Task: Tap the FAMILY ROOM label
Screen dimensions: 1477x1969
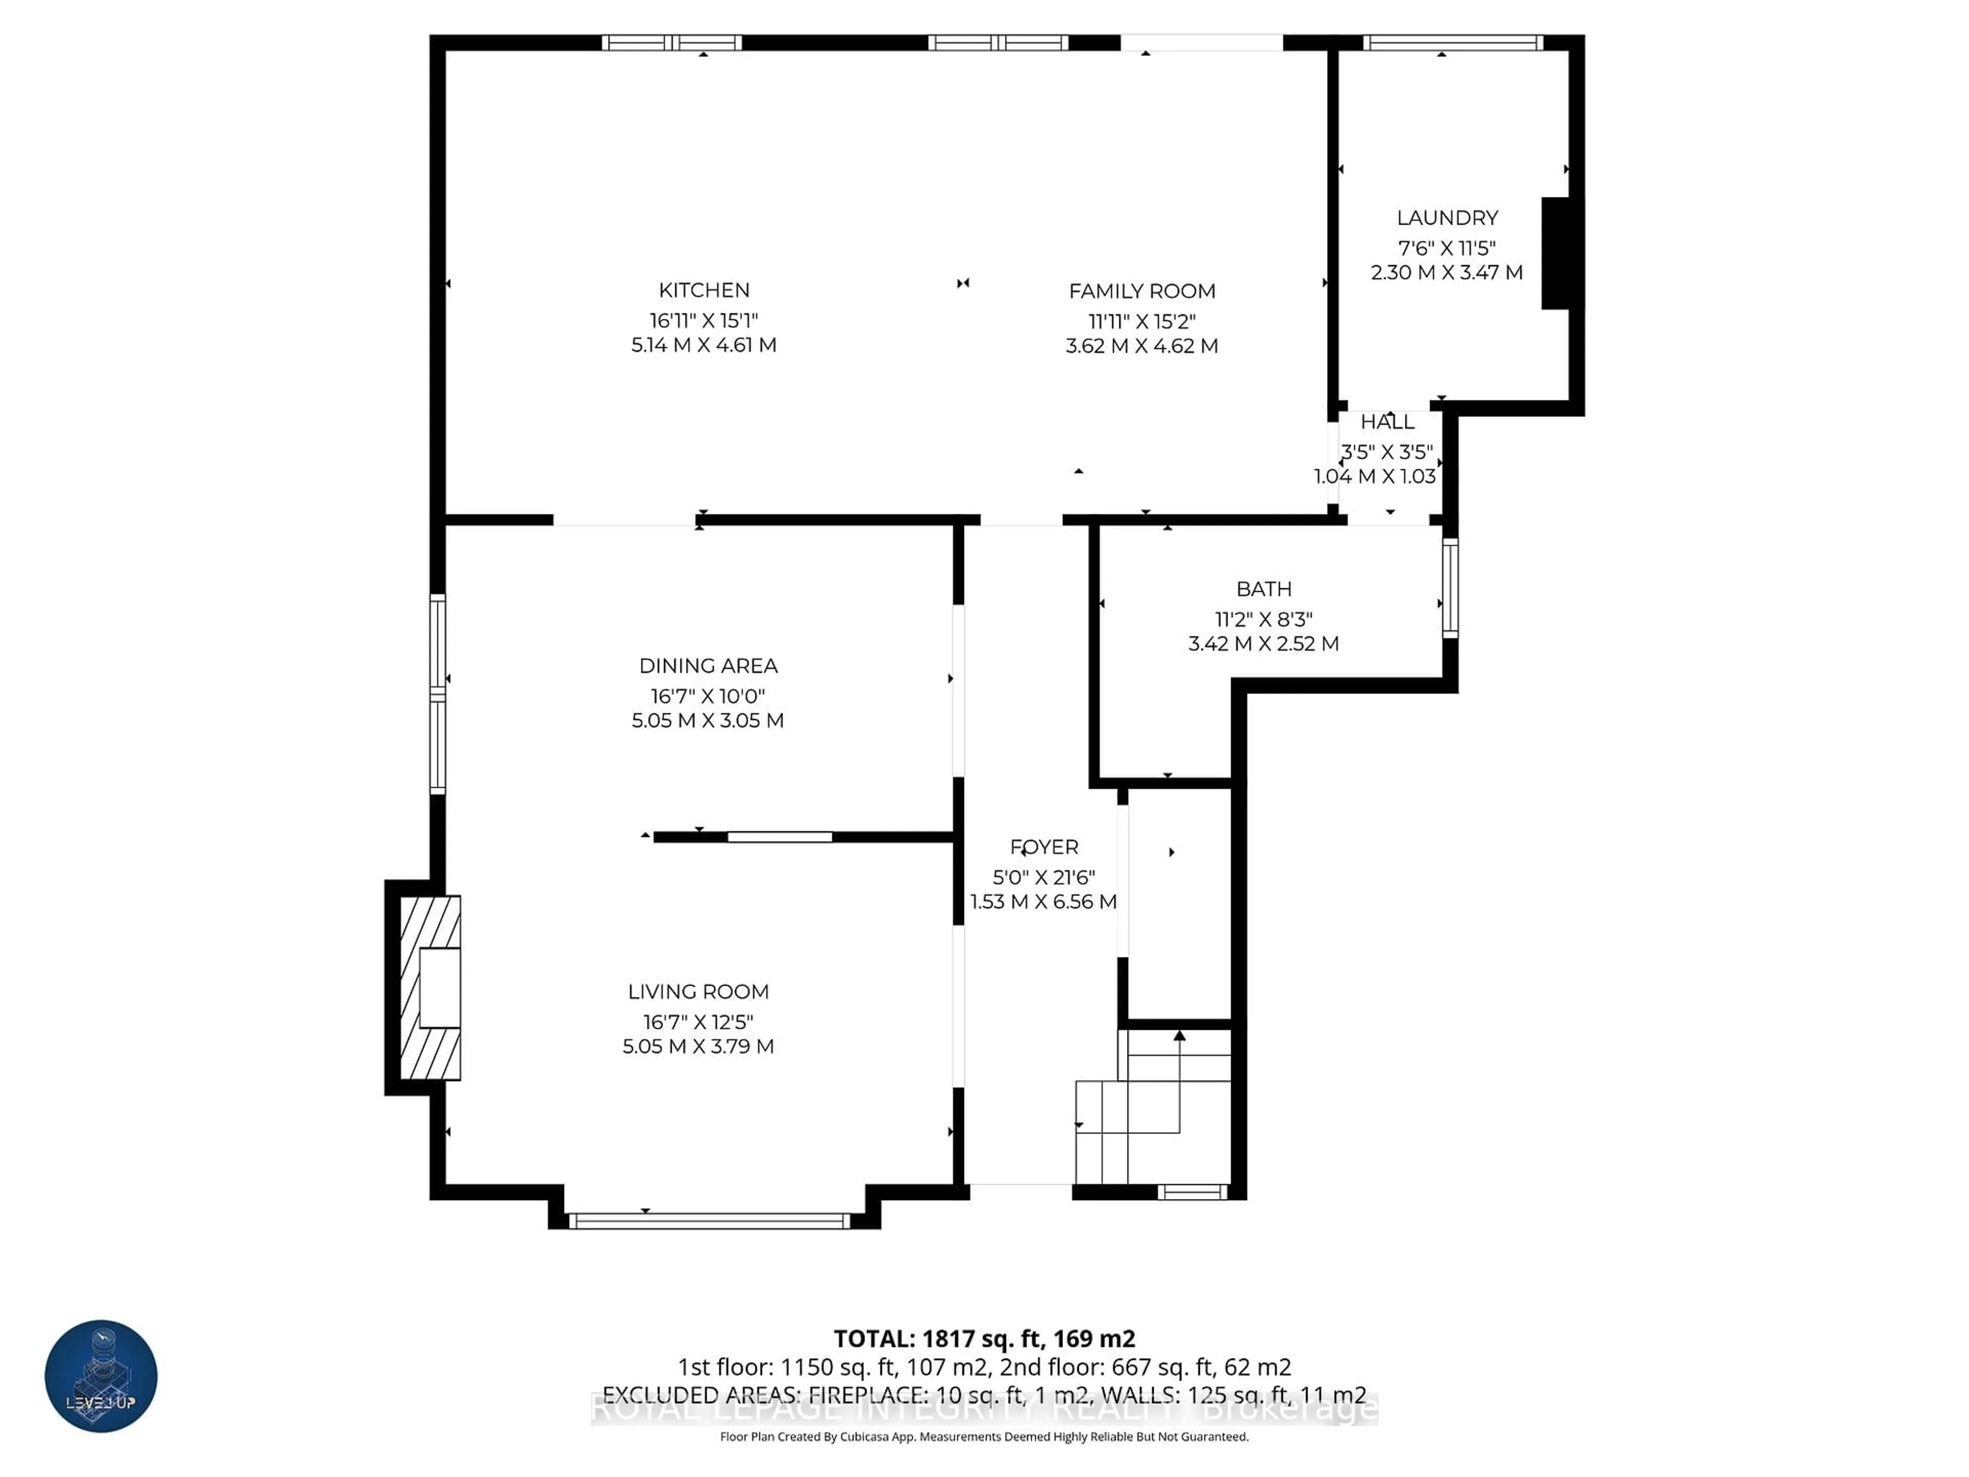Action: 1141,291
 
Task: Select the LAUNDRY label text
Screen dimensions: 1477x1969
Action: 1446,218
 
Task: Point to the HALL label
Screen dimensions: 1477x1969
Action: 1387,422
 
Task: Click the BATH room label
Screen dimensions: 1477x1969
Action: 1263,589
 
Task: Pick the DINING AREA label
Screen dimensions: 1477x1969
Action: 708,666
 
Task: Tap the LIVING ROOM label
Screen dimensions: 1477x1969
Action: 698,992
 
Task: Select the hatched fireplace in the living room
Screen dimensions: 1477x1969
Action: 429,988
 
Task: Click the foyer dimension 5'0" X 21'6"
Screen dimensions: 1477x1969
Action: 1043,877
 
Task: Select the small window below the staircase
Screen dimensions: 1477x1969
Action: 1192,1192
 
